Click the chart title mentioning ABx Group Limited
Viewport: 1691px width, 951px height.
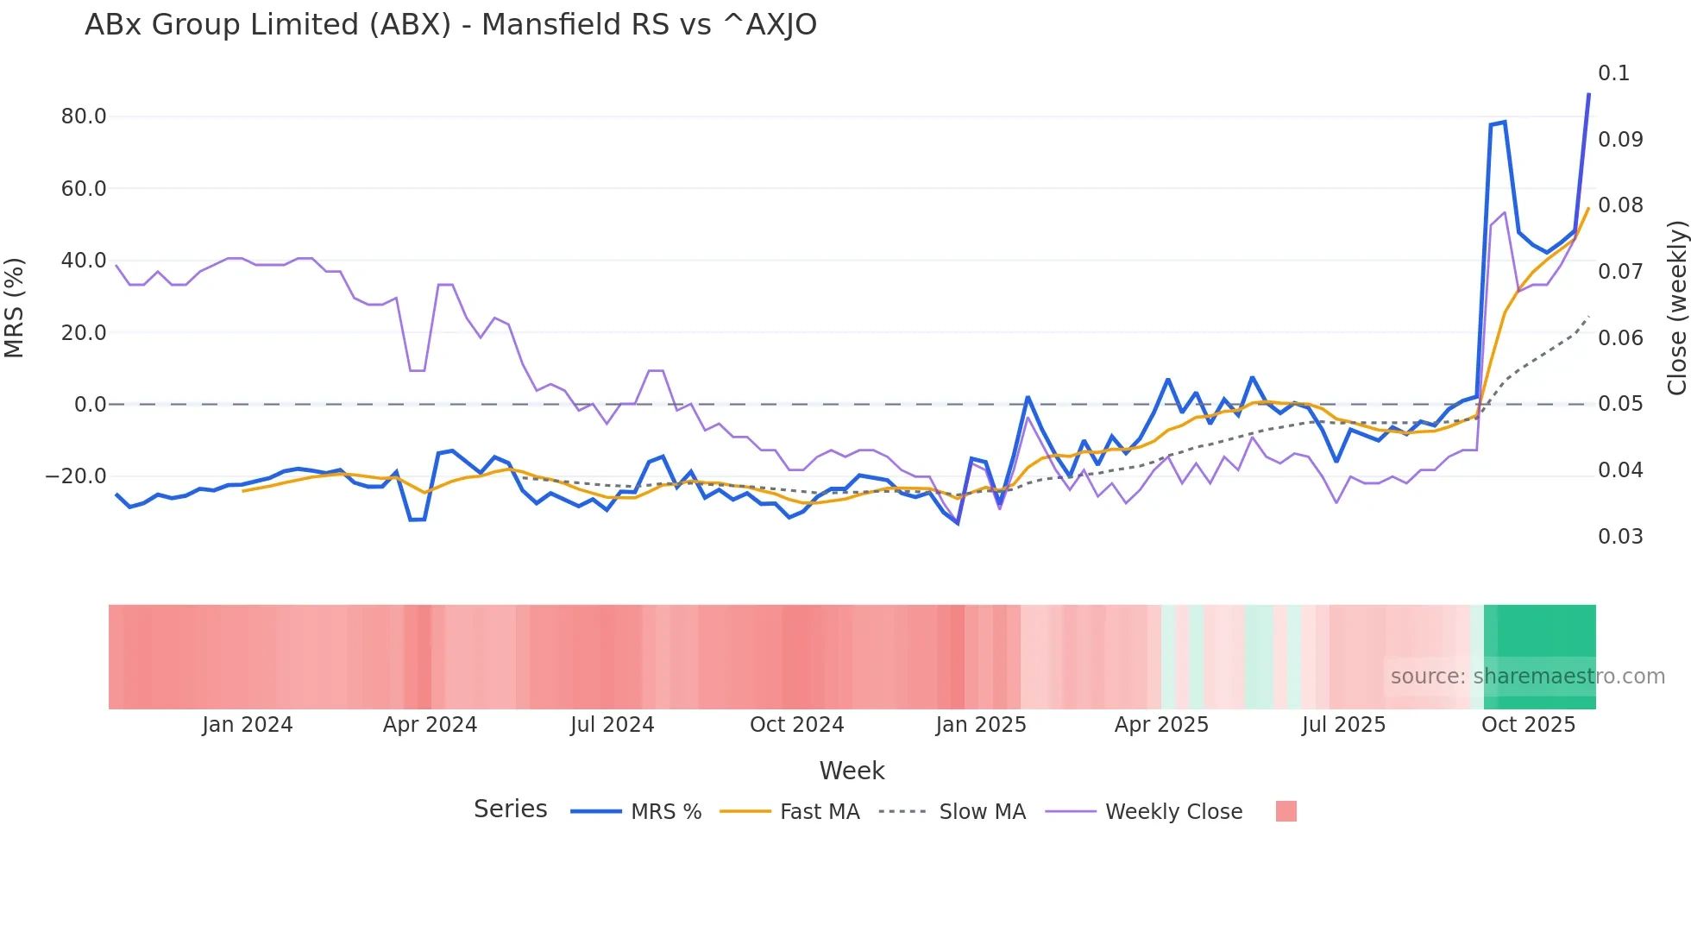tap(450, 25)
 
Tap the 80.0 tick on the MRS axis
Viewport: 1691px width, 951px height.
tap(84, 117)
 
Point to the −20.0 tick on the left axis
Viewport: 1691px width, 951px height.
tap(76, 476)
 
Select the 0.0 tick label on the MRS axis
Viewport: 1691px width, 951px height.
tap(90, 405)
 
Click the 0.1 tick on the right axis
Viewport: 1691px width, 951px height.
tap(1613, 73)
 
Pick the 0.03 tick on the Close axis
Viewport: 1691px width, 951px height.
tap(1619, 537)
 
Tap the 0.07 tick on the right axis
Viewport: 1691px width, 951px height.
tap(1619, 272)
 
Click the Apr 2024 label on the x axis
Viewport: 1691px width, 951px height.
tap(430, 725)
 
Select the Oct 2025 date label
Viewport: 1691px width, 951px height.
tap(1528, 725)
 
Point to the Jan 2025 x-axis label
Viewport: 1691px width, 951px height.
tap(981, 725)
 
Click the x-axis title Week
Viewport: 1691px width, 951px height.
tap(852, 771)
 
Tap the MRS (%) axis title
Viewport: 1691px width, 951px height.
tap(15, 308)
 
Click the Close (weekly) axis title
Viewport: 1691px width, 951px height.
tap(1676, 308)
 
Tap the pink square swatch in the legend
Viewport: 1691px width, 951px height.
tap(1286, 811)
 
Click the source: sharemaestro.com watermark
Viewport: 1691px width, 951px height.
tap(1527, 677)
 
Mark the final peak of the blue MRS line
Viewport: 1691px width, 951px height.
tap(1588, 94)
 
